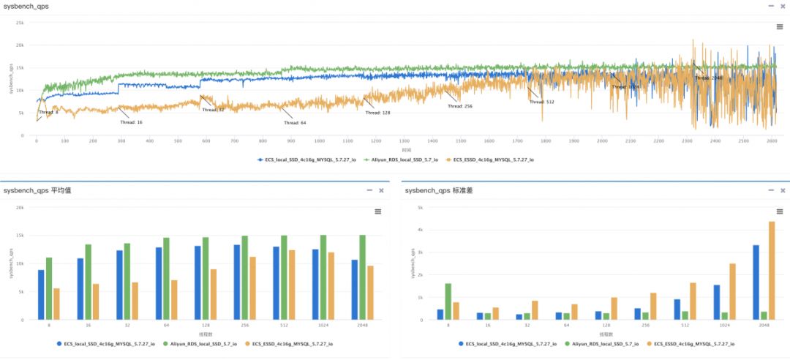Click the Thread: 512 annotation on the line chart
point(542,102)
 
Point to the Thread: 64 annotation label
point(295,122)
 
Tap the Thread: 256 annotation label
point(460,106)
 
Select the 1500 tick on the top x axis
point(460,140)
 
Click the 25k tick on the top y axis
point(20,22)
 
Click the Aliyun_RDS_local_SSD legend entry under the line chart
point(403,159)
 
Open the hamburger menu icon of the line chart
point(780,26)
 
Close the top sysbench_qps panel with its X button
point(781,6)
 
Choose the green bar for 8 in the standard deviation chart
point(448,301)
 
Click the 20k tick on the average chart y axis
point(20,208)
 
